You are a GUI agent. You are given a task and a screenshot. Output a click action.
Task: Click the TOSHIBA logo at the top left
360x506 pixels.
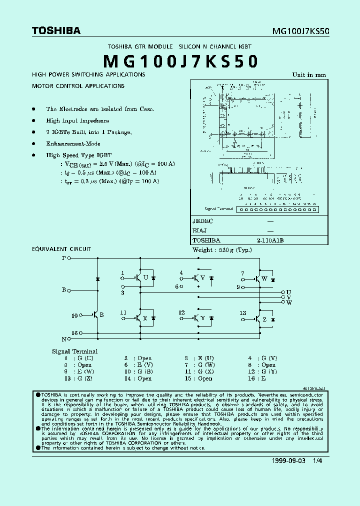(56, 30)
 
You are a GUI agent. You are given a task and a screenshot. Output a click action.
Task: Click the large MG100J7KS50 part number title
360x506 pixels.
(180, 61)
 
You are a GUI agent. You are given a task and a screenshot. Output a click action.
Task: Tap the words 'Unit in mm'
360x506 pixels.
(309, 75)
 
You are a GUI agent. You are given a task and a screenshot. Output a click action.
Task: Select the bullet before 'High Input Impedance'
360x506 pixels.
(33, 120)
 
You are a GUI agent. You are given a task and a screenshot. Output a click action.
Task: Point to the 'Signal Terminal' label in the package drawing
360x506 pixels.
(219, 209)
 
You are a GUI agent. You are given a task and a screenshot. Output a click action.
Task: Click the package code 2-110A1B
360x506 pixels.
(270, 240)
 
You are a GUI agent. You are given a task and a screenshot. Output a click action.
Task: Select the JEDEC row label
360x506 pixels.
(203, 220)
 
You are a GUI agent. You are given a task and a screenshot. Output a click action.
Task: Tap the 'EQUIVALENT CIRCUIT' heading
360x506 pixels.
(61, 249)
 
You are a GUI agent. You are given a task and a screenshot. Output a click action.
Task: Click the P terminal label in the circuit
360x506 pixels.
(63, 258)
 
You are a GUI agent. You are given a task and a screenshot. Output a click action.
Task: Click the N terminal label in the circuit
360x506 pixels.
(63, 339)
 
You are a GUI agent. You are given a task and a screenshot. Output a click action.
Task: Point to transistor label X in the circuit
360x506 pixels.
(145, 318)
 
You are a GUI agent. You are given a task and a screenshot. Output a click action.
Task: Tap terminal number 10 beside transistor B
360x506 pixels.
(75, 315)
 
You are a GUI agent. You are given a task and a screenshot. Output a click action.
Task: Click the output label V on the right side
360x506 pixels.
(288, 297)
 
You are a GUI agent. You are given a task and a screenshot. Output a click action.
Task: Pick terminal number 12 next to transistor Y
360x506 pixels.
(182, 313)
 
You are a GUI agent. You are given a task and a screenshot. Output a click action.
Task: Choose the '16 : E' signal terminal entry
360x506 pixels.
(260, 378)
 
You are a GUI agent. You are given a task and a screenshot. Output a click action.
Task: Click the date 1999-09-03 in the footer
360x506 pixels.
(289, 461)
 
